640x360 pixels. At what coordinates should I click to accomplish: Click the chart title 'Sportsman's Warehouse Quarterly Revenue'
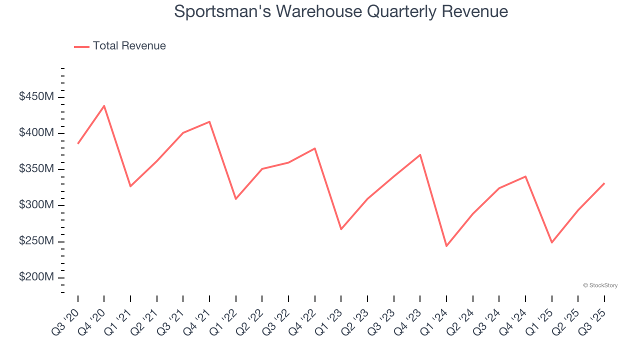pos(341,11)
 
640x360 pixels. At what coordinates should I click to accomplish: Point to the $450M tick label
pos(36,97)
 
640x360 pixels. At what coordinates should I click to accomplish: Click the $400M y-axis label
pos(36,133)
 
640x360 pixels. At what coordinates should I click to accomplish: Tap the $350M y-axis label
pos(36,169)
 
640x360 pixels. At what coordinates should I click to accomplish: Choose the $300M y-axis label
pos(36,205)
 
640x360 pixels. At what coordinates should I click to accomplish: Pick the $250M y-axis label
pos(36,241)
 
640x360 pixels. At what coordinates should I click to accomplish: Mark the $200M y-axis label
pos(36,277)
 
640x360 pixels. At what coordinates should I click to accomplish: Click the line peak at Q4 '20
pos(104,105)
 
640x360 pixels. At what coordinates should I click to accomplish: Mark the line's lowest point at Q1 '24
pos(446,246)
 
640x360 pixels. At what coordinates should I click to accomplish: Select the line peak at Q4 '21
pos(209,121)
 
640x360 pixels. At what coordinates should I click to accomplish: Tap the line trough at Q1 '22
pos(235,199)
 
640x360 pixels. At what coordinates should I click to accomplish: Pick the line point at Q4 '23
pos(420,154)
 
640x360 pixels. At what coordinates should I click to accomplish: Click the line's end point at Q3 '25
pos(604,183)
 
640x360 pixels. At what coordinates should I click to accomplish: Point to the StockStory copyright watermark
pos(600,285)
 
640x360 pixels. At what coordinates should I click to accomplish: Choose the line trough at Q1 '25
pos(551,242)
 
